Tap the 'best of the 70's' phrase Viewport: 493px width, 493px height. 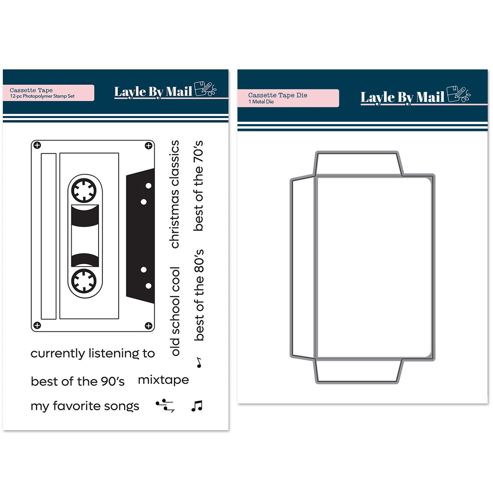(198, 185)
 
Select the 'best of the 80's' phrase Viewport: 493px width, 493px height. (199, 295)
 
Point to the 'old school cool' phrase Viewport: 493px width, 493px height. (175, 311)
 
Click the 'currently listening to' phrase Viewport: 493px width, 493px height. (92, 354)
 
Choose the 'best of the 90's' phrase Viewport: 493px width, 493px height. (78, 381)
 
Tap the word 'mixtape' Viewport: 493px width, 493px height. (164, 380)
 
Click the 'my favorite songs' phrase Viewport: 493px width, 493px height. (85, 406)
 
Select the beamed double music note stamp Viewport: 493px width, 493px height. (197, 406)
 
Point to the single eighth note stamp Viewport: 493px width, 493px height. (199, 362)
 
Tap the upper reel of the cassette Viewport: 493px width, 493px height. (84, 191)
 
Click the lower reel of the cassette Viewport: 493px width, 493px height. (84, 281)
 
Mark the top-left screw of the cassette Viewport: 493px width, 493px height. (37, 145)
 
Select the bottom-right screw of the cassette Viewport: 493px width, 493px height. (149, 326)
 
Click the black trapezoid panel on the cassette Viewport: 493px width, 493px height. (141, 236)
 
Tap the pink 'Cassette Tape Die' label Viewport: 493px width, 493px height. (288, 98)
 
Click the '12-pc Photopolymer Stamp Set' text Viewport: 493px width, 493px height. (42, 97)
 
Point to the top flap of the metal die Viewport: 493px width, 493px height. (358, 164)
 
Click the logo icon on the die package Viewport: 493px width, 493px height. (458, 94)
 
